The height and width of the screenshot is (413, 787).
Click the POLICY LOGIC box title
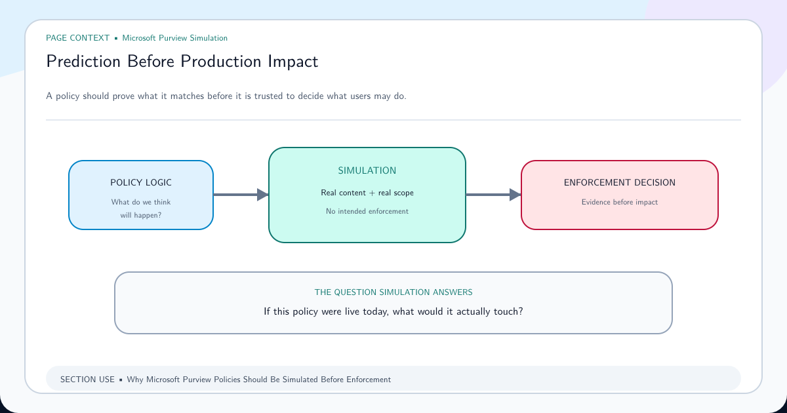pyautogui.click(x=141, y=183)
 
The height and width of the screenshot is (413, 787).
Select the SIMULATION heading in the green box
pyautogui.click(x=367, y=170)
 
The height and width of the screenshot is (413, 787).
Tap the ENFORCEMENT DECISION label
pyautogui.click(x=619, y=183)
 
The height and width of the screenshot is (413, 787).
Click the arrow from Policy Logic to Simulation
pyautogui.click(x=241, y=195)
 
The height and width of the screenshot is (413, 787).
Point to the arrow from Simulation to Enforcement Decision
pyautogui.click(x=494, y=195)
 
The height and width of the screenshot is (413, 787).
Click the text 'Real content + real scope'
pyautogui.click(x=367, y=193)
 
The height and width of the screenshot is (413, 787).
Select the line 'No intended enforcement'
pyautogui.click(x=367, y=211)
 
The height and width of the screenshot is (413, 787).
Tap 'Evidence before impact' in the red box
pyautogui.click(x=619, y=202)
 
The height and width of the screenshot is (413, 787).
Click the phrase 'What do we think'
pyautogui.click(x=141, y=202)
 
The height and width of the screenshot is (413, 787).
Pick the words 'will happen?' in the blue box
pyautogui.click(x=141, y=215)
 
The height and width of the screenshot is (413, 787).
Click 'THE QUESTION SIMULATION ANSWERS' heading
pyautogui.click(x=393, y=292)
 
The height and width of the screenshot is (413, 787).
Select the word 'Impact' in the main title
pyautogui.click(x=293, y=62)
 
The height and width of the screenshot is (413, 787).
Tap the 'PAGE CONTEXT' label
pyautogui.click(x=77, y=38)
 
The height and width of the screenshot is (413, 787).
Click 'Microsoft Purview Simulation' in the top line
pyautogui.click(x=174, y=38)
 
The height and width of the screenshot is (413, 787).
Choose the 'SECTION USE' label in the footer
pyautogui.click(x=87, y=380)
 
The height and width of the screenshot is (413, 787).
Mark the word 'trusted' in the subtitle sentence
pyautogui.click(x=269, y=96)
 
